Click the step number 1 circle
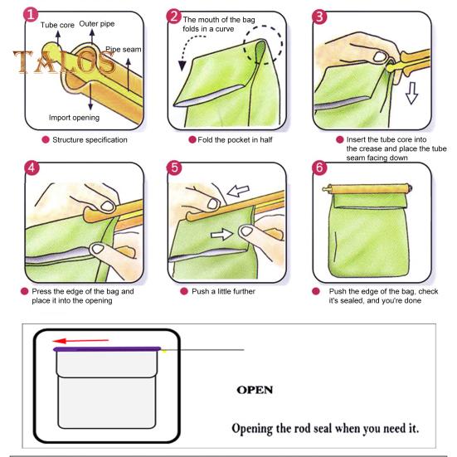(x=31, y=15)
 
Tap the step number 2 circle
(x=174, y=16)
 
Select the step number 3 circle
(x=319, y=17)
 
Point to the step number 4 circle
(x=32, y=168)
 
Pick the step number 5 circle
(x=174, y=168)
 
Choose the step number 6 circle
(x=319, y=168)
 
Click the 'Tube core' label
(x=57, y=25)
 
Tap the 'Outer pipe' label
(x=97, y=24)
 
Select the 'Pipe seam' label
(x=124, y=50)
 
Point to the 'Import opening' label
(x=74, y=118)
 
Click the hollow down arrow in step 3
(x=412, y=93)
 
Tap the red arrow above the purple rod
(x=80, y=341)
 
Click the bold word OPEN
(x=255, y=390)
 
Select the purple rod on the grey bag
(x=107, y=349)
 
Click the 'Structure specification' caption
(x=90, y=140)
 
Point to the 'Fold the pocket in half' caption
(x=235, y=140)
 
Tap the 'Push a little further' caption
(x=223, y=291)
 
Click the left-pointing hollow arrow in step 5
(x=238, y=191)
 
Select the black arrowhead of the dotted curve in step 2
(x=182, y=66)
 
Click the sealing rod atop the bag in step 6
(x=367, y=189)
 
